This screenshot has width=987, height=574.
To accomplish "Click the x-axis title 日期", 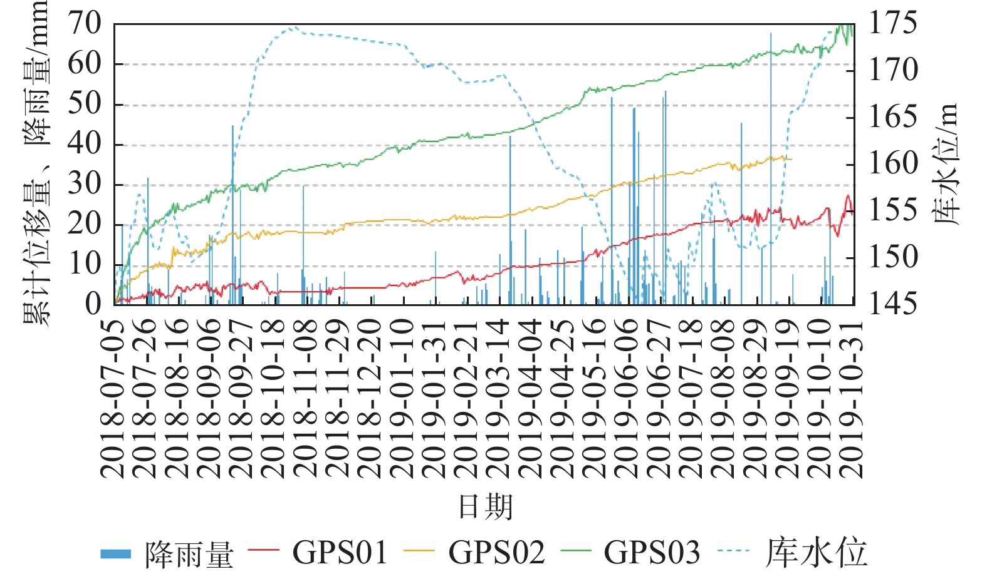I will tap(486, 506).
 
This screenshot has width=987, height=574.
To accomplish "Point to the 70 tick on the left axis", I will tap(84, 24).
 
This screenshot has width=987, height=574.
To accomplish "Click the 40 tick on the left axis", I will tap(84, 145).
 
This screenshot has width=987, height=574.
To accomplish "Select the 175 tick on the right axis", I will tap(893, 24).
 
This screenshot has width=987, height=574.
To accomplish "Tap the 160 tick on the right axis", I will tap(893, 164).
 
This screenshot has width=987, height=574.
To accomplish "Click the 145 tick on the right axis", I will tap(893, 304).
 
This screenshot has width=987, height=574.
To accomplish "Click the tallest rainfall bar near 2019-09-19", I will tap(771, 169).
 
